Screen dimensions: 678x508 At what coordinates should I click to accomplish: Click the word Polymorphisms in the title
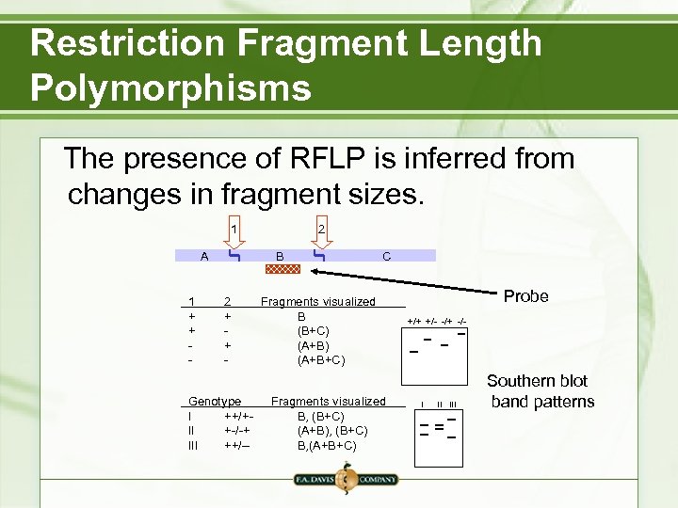click(x=170, y=87)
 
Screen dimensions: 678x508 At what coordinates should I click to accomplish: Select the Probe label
click(x=525, y=295)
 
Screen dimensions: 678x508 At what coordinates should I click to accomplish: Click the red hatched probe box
click(x=282, y=269)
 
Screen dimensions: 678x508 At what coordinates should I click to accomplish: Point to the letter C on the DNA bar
click(x=386, y=256)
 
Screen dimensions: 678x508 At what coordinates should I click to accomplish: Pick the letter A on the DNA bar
click(x=204, y=256)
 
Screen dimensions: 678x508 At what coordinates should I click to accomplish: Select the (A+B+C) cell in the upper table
click(x=320, y=360)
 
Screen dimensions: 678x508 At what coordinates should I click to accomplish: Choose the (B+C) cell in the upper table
click(x=313, y=331)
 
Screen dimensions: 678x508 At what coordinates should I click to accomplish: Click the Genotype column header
click(x=215, y=401)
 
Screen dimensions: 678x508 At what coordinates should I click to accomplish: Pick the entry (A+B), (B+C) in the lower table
click(x=332, y=431)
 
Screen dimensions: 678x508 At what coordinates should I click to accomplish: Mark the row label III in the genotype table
click(x=194, y=445)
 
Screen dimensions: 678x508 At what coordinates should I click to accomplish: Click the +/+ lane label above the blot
click(x=414, y=322)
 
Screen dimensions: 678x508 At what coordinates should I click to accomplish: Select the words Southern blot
click(x=537, y=381)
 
